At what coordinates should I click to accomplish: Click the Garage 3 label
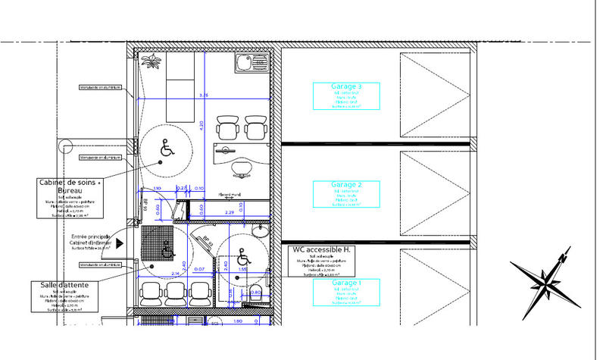(347, 87)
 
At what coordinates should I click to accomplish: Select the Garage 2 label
(347, 185)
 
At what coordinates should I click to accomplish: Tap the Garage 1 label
(347, 283)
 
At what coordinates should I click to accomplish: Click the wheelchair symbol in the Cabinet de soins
(166, 149)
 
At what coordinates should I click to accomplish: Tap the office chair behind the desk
(241, 169)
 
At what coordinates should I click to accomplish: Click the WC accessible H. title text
(320, 250)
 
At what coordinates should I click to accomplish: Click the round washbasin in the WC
(261, 230)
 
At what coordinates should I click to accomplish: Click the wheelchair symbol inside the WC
(242, 255)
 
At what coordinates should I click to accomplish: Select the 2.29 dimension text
(230, 213)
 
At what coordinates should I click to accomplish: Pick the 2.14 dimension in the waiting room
(175, 273)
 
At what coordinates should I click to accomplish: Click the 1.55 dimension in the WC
(243, 269)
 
